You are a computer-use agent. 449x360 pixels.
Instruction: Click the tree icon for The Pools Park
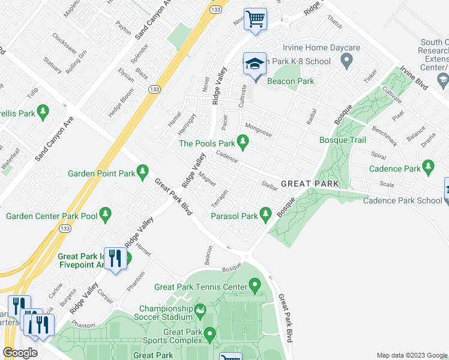243,142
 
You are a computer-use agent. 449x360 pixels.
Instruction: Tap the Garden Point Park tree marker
143,173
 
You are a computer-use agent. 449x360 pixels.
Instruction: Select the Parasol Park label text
232,215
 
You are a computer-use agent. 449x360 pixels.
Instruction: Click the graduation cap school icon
255,64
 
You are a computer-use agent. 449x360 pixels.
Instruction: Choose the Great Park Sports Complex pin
209,334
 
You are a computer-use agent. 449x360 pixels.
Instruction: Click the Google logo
20,353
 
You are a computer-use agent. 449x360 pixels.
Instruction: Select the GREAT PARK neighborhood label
310,184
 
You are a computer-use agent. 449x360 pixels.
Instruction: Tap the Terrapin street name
220,196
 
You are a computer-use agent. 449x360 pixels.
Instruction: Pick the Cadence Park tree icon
428,166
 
